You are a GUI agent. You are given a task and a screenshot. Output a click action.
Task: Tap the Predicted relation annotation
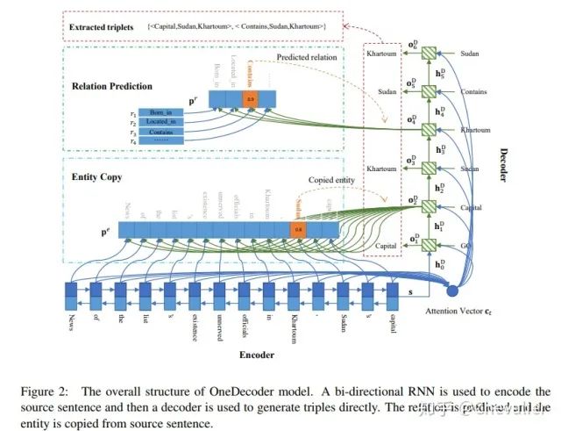(x=306, y=58)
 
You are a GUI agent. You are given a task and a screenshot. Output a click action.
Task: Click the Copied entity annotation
(x=330, y=179)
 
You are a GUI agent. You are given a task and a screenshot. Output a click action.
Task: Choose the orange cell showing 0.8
(x=299, y=230)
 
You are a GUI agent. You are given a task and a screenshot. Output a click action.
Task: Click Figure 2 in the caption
(x=97, y=391)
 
